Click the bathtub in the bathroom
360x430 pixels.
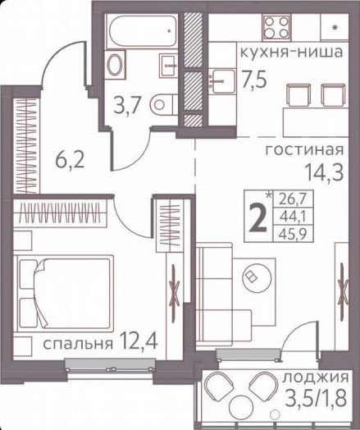[142, 31]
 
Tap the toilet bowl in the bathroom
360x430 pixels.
[163, 104]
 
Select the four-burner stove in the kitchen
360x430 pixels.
[276, 26]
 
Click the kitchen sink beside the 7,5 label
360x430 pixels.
[222, 82]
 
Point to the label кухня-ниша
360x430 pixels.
[291, 52]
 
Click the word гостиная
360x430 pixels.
[304, 150]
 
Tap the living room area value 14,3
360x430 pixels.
[324, 173]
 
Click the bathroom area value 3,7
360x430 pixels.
[128, 105]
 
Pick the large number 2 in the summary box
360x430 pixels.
[257, 218]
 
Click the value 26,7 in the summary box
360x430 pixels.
[293, 198]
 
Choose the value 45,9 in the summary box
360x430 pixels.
[293, 235]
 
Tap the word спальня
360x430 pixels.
[78, 344]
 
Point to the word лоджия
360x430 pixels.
[316, 378]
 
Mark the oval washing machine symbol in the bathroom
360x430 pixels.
[114, 65]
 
